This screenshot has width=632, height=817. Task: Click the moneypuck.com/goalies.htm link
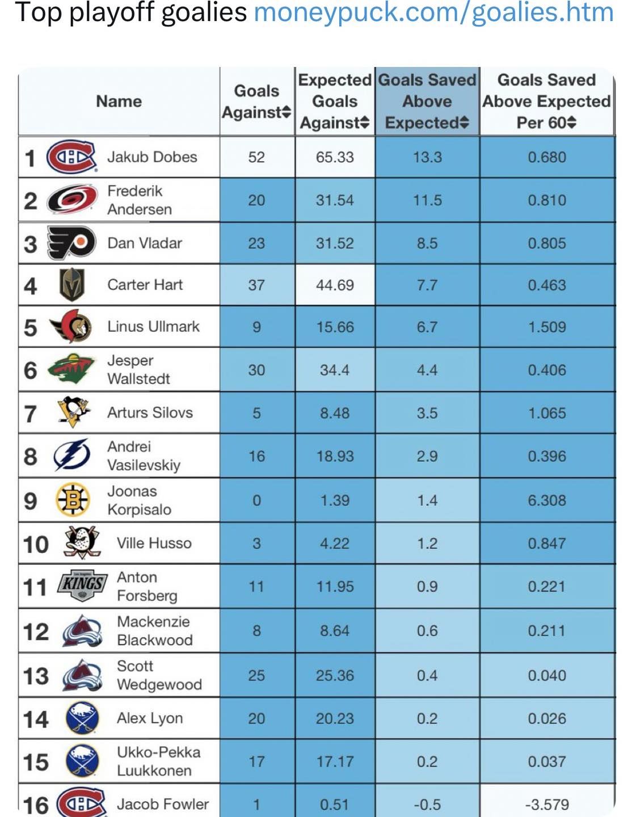tap(434, 13)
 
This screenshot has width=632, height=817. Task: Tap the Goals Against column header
tap(257, 102)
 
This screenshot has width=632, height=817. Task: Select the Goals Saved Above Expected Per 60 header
tap(547, 101)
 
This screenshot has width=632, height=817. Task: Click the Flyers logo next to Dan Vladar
tap(71, 243)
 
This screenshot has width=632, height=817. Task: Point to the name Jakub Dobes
tap(152, 157)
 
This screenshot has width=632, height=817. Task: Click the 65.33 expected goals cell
tap(335, 157)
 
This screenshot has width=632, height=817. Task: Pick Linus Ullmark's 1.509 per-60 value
tap(547, 327)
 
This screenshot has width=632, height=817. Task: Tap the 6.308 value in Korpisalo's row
tap(547, 500)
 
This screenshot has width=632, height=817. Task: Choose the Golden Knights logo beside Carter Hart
tap(72, 285)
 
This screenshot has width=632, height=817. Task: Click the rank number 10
tap(36, 544)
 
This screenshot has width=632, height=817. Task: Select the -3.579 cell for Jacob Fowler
tap(547, 804)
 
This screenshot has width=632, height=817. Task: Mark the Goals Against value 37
tap(256, 285)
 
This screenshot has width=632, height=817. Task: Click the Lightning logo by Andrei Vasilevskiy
tap(72, 455)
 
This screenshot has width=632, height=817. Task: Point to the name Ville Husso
tap(154, 544)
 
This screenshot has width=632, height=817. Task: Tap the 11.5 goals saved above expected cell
tap(427, 200)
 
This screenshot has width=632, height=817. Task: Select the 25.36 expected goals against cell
tap(335, 675)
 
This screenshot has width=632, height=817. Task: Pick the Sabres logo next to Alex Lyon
tap(82, 718)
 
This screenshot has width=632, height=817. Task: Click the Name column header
tap(119, 102)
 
